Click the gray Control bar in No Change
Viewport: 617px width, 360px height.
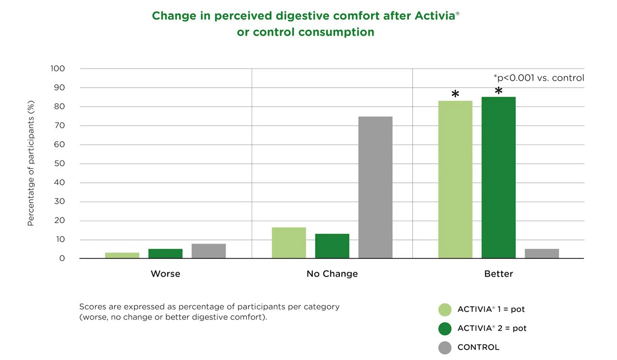pos(375,187)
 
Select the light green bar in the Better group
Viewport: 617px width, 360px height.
pos(455,179)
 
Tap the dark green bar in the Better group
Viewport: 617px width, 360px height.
pos(498,177)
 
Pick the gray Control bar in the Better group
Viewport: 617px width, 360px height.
pos(541,253)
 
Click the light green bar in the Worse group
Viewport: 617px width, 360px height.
pos(122,255)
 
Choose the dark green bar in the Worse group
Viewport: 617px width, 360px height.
pos(165,253)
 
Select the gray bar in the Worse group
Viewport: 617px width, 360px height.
pos(208,251)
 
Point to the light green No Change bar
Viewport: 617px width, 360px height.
pos(289,243)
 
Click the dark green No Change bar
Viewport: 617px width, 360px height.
pos(332,246)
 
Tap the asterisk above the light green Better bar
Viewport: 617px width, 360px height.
pos(455,94)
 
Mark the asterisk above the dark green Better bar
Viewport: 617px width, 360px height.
pos(498,91)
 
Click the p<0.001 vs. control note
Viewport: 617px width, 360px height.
pos(538,78)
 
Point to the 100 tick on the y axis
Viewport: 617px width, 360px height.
pos(57,68)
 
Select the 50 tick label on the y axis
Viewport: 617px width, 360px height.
pos(59,163)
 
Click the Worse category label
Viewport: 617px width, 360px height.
pos(165,274)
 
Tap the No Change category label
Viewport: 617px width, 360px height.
pos(332,274)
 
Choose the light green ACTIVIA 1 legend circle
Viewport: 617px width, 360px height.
pos(445,309)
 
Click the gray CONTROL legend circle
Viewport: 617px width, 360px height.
pos(445,347)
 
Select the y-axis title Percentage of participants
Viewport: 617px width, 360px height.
pos(31,163)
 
